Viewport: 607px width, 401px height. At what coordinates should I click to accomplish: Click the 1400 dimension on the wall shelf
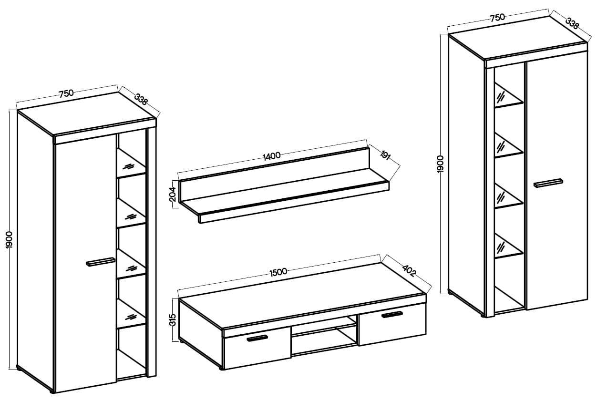point(271,155)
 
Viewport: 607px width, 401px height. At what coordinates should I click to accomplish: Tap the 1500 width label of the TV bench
point(278,271)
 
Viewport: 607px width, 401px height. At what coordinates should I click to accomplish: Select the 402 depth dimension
point(409,270)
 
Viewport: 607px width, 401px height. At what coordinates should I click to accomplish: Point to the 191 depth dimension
point(385,155)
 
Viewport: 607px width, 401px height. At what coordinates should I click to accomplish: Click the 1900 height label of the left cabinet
point(9,239)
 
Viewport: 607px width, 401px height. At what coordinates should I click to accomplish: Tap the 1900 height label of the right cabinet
point(440,164)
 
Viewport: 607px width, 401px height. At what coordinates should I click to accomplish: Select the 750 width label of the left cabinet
point(66,93)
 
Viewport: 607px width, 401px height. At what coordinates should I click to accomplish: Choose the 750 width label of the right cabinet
point(497,17)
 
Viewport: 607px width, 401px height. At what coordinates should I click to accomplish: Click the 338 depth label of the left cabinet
point(141,99)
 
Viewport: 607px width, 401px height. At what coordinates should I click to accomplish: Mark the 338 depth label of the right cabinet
point(572,23)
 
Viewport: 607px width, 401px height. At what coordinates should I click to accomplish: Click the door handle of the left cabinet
point(100,262)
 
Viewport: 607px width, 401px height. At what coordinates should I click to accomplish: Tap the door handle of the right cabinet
point(548,183)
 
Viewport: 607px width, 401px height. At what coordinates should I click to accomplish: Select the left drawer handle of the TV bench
point(257,338)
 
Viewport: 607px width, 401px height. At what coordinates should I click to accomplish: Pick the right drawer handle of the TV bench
point(392,315)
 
